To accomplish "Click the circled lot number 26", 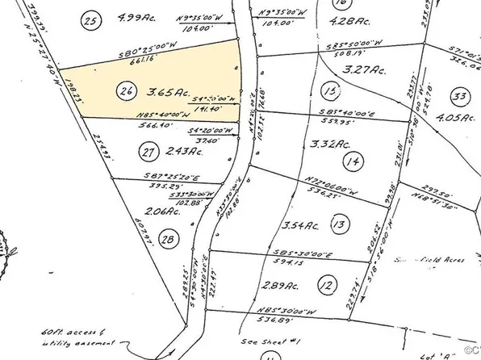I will coord(125,92).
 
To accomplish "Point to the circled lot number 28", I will coord(168,239).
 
